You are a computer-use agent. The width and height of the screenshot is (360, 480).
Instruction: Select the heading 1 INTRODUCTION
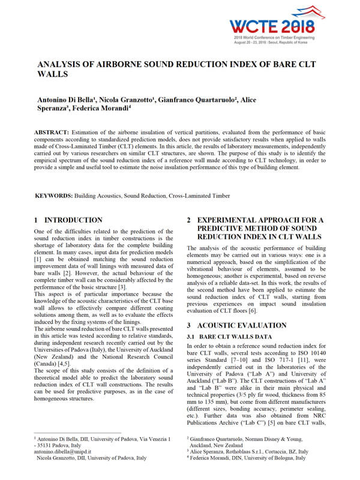pyautogui.click(x=68, y=220)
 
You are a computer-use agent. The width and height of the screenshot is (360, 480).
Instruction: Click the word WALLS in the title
pyautogui.click(x=52, y=74)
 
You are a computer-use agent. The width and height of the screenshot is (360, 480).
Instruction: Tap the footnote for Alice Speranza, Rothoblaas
pyautogui.click(x=248, y=451)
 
